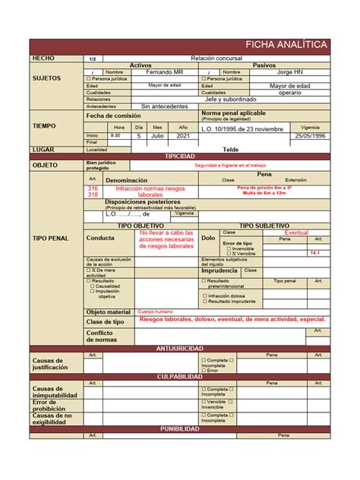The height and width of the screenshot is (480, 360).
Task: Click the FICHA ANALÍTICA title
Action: point(292,45)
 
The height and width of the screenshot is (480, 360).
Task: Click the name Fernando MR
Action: point(166,72)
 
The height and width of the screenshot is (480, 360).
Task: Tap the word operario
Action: point(289,93)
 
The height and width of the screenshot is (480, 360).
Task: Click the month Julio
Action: point(157,135)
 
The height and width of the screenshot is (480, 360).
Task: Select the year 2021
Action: point(183,135)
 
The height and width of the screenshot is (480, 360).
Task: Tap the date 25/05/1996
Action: point(310,135)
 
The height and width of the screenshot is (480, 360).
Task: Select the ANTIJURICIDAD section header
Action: point(180,348)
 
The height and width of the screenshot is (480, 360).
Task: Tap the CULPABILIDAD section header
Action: point(180,377)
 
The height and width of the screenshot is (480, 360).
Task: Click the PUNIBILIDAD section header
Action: point(180,428)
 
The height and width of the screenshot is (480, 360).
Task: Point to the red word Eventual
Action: point(296,232)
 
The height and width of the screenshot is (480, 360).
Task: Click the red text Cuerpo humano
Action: point(156,311)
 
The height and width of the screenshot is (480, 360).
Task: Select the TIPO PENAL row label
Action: point(50,238)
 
